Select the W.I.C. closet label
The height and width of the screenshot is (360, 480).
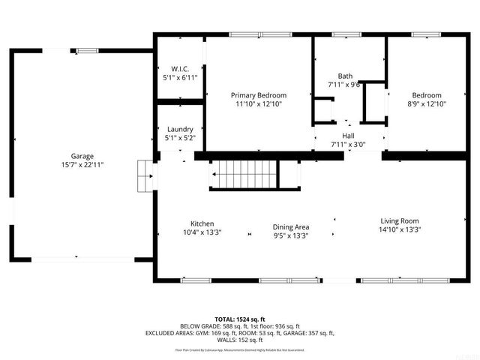tap(179, 68)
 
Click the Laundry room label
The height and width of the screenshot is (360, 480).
tap(180, 129)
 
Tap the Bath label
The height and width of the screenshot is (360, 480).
tap(345, 76)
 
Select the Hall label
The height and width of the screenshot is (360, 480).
tap(348, 136)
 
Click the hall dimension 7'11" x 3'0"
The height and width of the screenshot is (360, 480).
tap(348, 144)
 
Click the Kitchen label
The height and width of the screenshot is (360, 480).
tap(202, 223)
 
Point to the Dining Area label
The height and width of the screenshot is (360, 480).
tap(291, 226)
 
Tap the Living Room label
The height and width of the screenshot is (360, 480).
tap(400, 220)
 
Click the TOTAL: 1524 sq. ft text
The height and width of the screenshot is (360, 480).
tap(240, 319)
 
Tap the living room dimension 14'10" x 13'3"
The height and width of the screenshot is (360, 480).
tap(400, 229)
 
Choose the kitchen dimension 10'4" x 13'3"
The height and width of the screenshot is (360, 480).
tap(202, 232)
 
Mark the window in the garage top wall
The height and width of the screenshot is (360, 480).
tap(88, 50)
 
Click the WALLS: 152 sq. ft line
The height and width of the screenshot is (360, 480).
tap(240, 340)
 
